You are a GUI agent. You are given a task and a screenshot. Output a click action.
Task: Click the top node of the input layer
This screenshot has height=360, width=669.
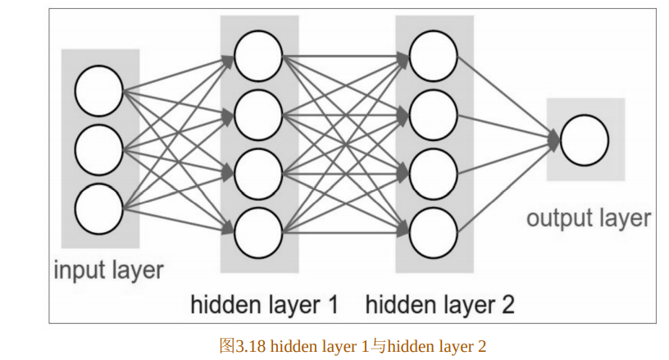click(x=98, y=90)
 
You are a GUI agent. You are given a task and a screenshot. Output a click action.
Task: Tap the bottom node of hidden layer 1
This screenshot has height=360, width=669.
click(x=258, y=233)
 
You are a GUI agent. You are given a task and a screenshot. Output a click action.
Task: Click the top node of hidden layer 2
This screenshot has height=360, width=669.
click(x=434, y=55)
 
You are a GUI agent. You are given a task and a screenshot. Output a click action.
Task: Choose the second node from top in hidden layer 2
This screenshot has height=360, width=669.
click(x=434, y=114)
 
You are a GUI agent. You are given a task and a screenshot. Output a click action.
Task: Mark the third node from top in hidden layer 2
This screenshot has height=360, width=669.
click(x=434, y=174)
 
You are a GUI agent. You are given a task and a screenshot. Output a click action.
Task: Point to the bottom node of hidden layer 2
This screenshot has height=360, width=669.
click(x=434, y=233)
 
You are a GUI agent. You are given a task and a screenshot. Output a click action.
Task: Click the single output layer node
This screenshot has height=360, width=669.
click(x=585, y=140)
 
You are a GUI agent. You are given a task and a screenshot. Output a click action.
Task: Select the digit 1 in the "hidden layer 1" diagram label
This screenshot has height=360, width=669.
click(x=332, y=305)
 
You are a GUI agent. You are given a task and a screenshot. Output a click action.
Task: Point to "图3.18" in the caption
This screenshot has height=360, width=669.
click(x=243, y=346)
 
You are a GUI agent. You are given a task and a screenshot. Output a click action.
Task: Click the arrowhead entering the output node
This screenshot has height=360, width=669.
click(x=554, y=140)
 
